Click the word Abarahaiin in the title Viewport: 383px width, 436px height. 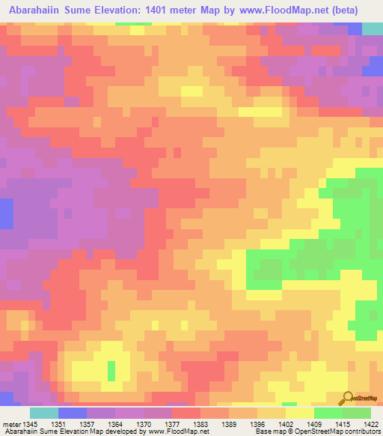[39, 10]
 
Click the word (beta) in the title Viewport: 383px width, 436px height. [342, 10]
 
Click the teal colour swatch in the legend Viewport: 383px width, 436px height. [44, 413]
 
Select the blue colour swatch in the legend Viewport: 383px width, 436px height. [73, 413]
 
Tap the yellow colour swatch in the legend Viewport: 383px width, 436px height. [300, 413]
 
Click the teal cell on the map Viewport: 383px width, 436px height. [372, 28]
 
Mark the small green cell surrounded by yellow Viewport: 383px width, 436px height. [111, 371]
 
